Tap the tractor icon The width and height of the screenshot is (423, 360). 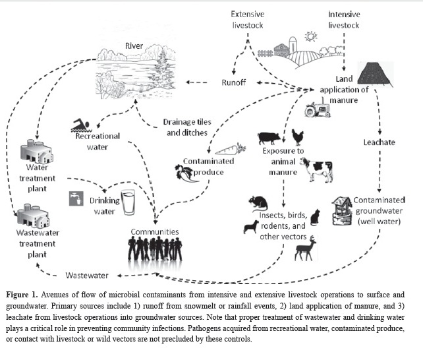pyautogui.click(x=318, y=109)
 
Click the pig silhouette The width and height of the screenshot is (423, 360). pyautogui.click(x=269, y=138)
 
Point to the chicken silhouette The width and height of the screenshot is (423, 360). pyautogui.click(x=298, y=137)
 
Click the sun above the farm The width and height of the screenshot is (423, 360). pyautogui.click(x=310, y=36)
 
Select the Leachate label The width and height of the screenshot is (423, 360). pyautogui.click(x=379, y=142)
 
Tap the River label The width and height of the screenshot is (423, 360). pyautogui.click(x=134, y=47)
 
